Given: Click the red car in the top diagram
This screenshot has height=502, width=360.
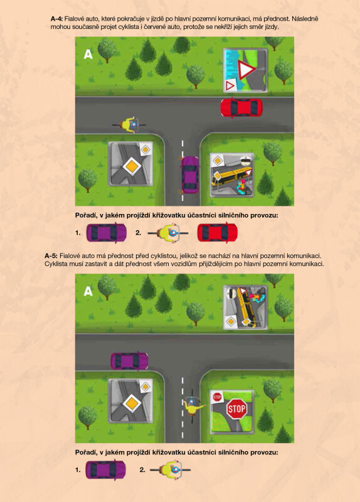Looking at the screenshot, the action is [x=241, y=107].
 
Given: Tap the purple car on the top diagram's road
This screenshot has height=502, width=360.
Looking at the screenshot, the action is [x=190, y=175].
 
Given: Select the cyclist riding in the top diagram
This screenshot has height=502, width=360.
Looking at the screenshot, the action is [x=129, y=124].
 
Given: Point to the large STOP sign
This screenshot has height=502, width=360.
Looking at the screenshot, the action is [x=236, y=409].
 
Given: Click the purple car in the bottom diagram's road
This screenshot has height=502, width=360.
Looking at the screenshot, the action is [x=130, y=361].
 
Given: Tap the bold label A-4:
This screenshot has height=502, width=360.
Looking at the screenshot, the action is [x=56, y=19].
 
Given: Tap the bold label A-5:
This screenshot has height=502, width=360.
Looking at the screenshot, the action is [x=51, y=256].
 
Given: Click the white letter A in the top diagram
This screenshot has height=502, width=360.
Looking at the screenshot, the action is [x=88, y=55].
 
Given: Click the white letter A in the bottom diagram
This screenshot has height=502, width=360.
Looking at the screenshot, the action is [x=88, y=291].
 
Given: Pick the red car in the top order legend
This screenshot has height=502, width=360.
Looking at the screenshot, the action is [x=217, y=233].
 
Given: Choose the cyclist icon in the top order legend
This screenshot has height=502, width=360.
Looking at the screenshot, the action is [x=168, y=233].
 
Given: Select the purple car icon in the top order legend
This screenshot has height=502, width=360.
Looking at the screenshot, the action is [x=106, y=233].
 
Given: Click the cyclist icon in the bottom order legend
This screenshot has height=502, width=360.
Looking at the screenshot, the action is [x=170, y=470].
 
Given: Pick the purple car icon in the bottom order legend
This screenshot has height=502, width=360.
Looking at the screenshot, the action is [x=105, y=469].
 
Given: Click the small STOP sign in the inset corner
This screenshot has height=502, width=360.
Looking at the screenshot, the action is [x=217, y=397].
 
